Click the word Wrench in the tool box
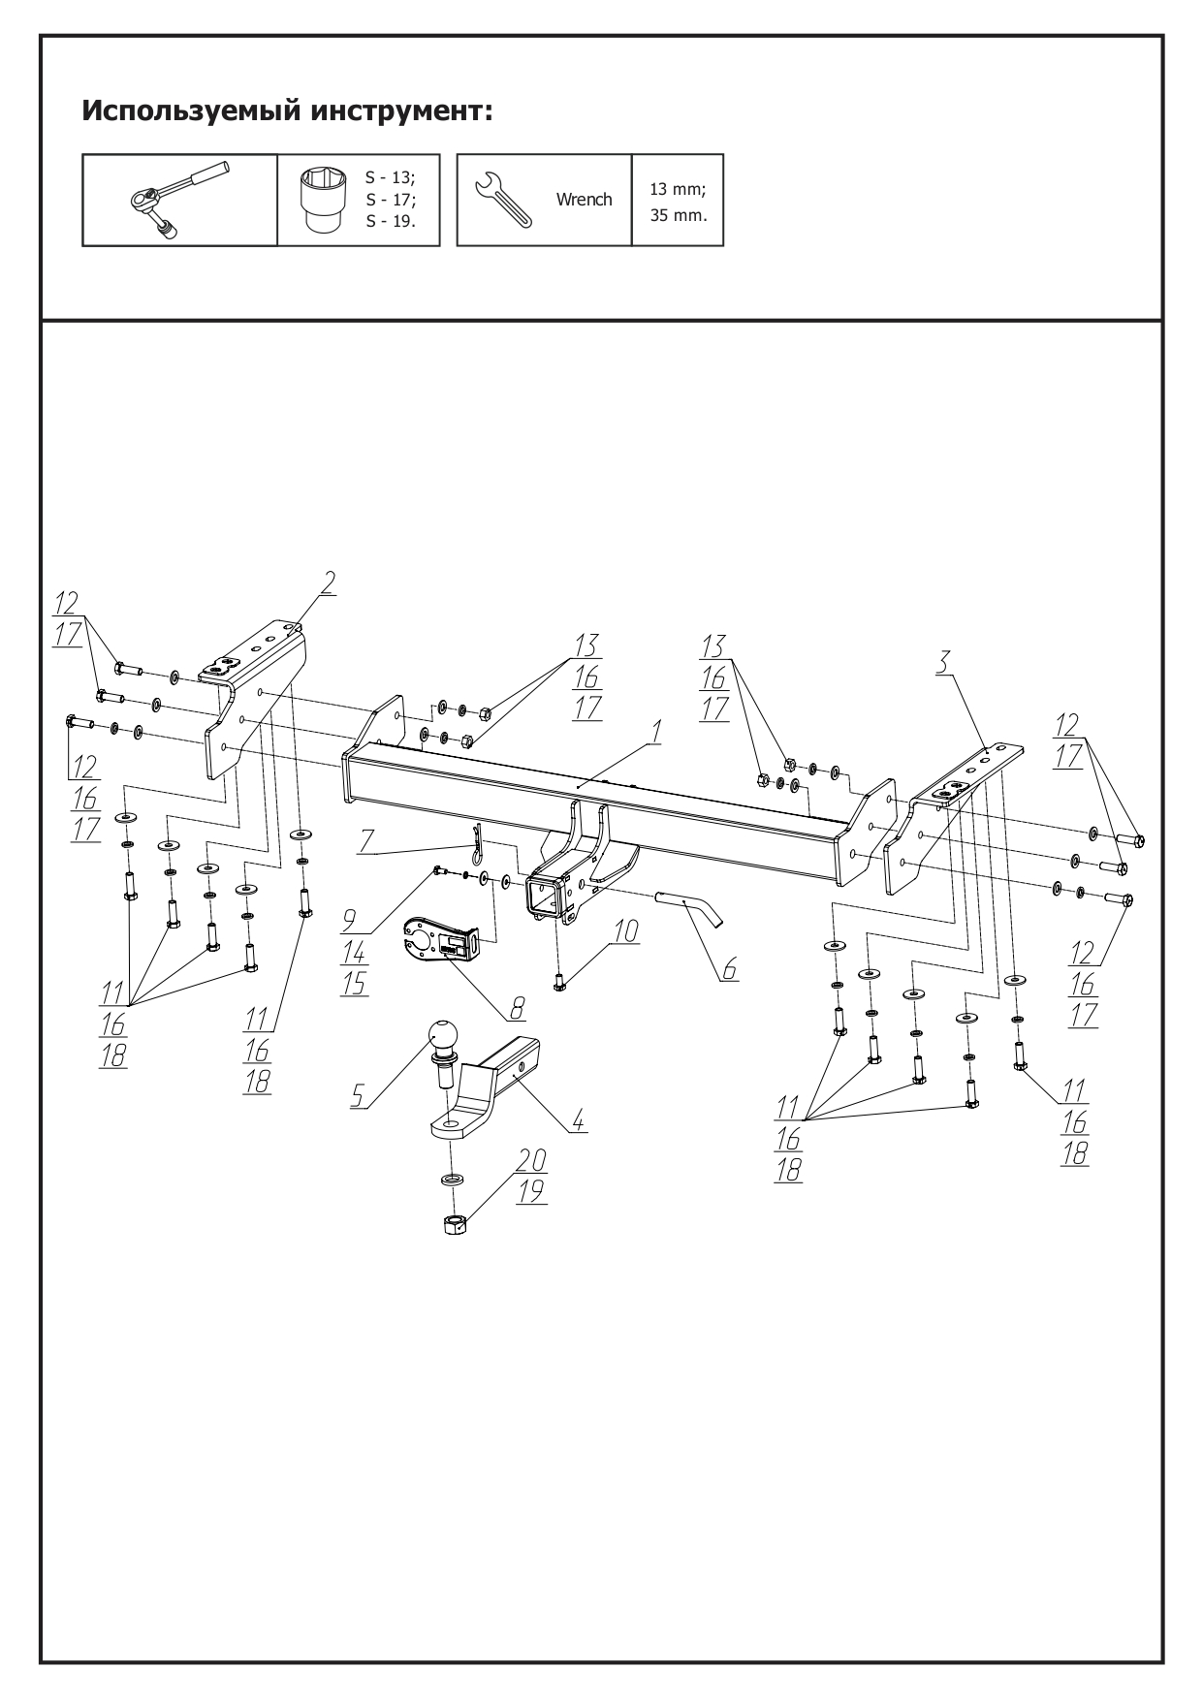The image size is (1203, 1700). pos(584,200)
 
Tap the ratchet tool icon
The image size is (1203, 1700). pos(179,199)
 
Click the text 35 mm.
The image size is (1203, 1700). pos(678,215)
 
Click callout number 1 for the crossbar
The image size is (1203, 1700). pos(656,734)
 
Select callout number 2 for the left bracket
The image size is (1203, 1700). pos(329,582)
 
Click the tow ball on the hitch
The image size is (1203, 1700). pos(443,1038)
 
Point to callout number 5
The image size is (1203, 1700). pos(357,1096)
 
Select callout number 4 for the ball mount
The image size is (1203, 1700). pos(578,1121)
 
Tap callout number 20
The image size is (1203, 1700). pos(531,1159)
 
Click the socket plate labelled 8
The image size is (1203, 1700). pos(437,938)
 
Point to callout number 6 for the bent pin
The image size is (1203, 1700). pos(728,967)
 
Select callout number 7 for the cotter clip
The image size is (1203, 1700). pos(365,840)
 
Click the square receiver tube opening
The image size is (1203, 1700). pos(544,897)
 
